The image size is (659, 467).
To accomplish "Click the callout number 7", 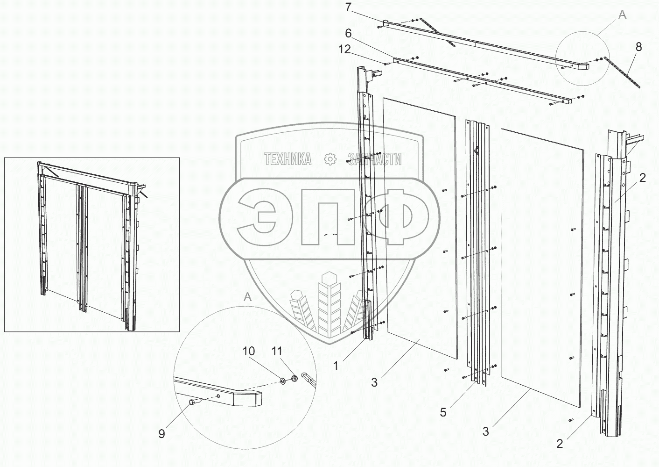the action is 348,7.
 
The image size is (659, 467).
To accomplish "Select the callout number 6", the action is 348,34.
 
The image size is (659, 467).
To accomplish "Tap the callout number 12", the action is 344,50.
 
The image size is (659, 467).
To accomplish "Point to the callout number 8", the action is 638,47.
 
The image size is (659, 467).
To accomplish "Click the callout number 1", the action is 336,366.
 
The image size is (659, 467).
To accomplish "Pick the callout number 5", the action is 443,412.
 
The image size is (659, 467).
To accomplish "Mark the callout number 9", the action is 161,434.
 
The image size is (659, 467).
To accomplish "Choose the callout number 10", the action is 249,351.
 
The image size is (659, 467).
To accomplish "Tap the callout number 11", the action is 277,351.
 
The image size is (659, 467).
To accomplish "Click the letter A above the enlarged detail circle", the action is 248,297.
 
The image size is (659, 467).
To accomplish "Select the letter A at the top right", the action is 622,14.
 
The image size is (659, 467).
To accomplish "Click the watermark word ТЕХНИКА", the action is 287,159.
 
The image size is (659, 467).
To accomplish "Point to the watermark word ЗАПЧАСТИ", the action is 375,159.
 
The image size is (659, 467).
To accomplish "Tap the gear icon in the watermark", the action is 330,159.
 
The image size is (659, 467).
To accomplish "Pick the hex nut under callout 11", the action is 294,378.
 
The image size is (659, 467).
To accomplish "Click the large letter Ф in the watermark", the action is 396,216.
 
